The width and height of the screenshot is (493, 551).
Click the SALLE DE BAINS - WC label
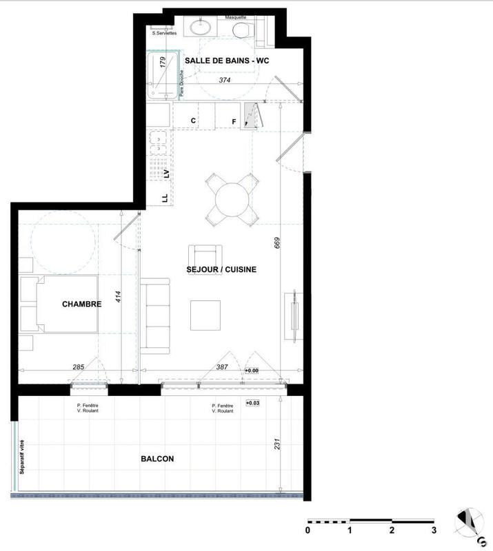tap(227, 61)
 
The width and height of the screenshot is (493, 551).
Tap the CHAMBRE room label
tap(82, 304)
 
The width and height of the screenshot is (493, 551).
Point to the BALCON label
tap(157, 459)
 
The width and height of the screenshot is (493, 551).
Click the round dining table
tap(233, 200)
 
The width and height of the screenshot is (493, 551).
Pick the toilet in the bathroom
tap(242, 30)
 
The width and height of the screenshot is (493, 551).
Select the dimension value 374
tap(224, 81)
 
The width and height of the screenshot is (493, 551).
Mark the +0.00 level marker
tap(251, 371)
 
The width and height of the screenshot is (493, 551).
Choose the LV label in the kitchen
tap(166, 172)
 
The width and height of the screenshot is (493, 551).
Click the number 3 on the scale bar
tap(434, 531)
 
